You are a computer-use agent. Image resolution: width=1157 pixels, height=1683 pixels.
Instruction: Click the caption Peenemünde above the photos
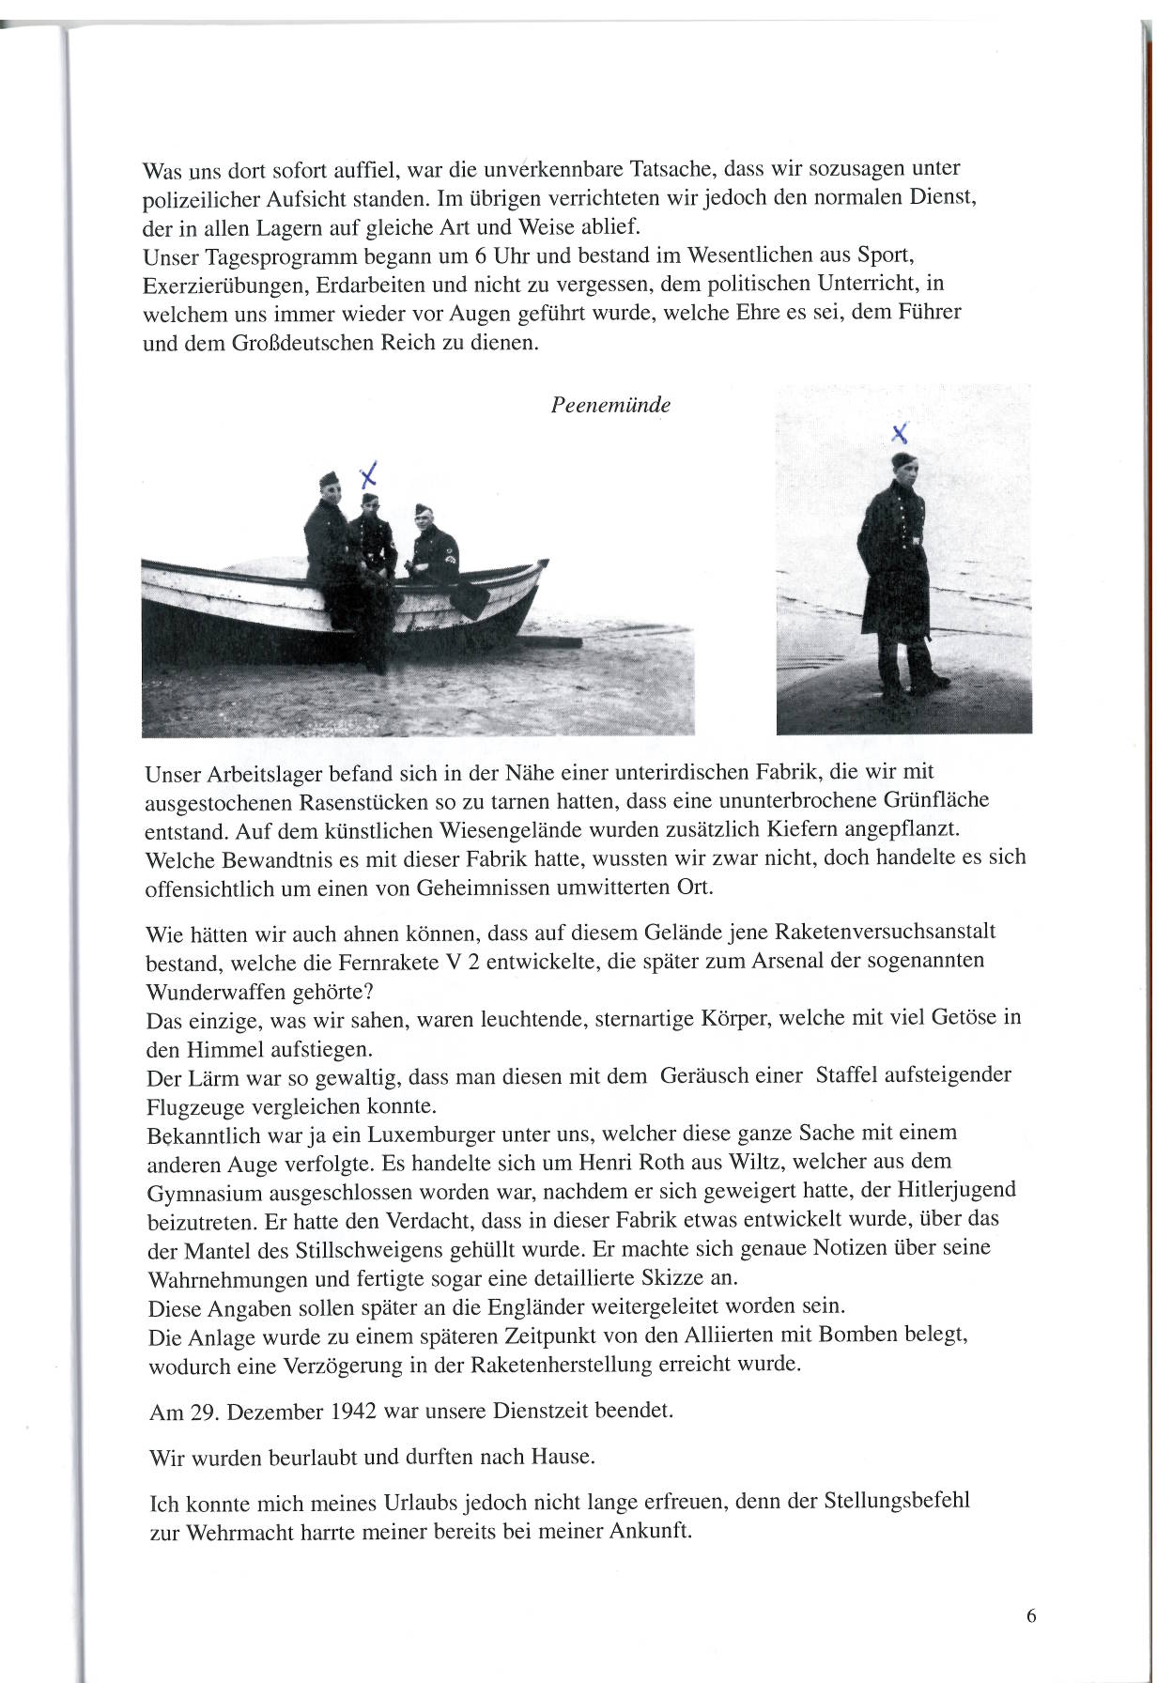click(610, 405)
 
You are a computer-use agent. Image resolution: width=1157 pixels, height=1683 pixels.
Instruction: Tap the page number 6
click(1030, 1616)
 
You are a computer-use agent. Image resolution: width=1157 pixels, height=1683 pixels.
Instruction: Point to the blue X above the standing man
click(900, 433)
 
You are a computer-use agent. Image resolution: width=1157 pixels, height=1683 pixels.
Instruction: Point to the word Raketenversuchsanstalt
click(883, 933)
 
